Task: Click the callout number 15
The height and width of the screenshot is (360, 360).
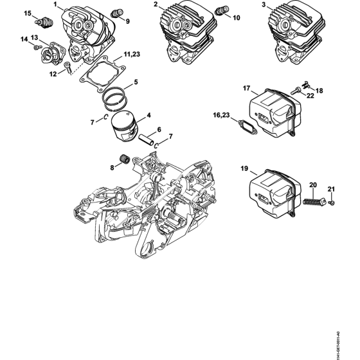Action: (27, 13)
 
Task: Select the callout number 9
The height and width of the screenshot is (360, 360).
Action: (127, 21)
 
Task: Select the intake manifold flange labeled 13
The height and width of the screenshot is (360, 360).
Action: (50, 52)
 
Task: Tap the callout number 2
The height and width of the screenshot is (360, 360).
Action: (156, 5)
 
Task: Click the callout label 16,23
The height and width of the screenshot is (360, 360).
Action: (221, 114)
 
